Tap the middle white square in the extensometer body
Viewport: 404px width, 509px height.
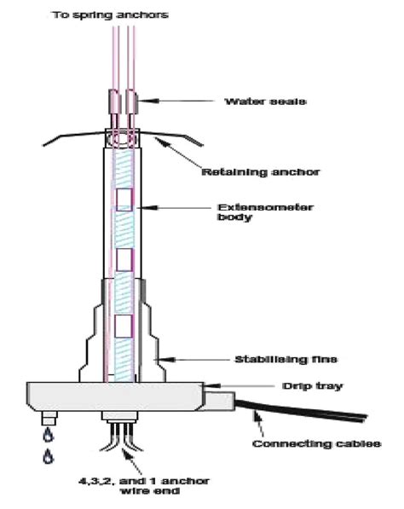pyautogui.click(x=124, y=257)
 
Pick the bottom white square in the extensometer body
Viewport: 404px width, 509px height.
pyautogui.click(x=124, y=325)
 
